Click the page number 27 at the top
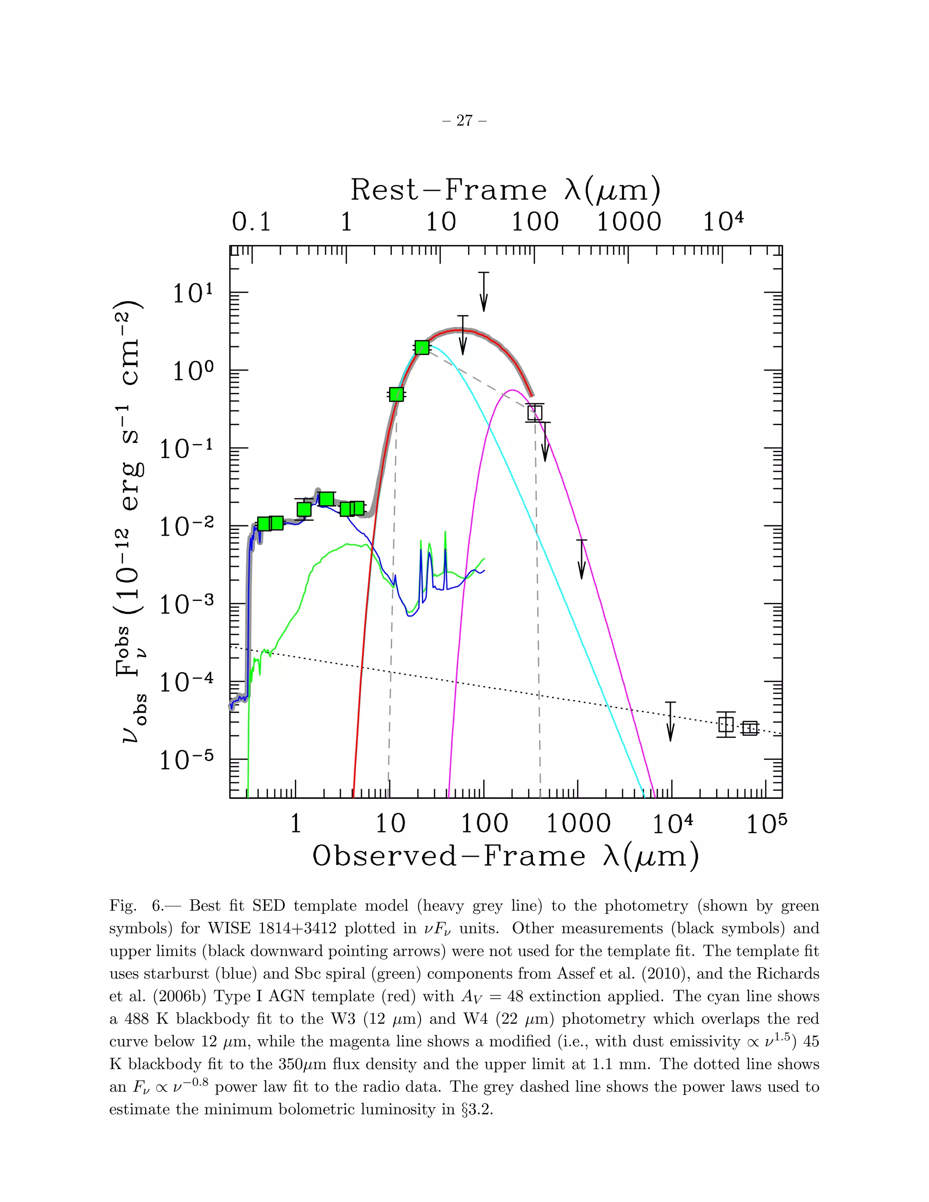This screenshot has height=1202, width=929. tap(464, 121)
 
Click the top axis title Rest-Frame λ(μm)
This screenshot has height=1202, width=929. tap(505, 191)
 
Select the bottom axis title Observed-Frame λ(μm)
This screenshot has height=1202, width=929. tap(505, 856)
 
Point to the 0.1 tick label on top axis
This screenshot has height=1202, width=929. tap(251, 222)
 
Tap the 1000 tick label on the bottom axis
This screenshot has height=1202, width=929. tap(577, 824)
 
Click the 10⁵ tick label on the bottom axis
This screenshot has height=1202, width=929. tap(766, 824)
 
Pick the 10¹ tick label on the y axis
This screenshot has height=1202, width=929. tap(193, 294)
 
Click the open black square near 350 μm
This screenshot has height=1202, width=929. tap(534, 412)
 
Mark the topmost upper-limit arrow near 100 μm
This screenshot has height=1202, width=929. tap(483, 292)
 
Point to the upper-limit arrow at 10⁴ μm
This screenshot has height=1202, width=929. tap(670, 721)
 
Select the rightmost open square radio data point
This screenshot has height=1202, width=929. tap(749, 728)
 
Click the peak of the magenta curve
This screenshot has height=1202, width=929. tap(513, 390)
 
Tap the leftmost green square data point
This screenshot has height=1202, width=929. tap(264, 523)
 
